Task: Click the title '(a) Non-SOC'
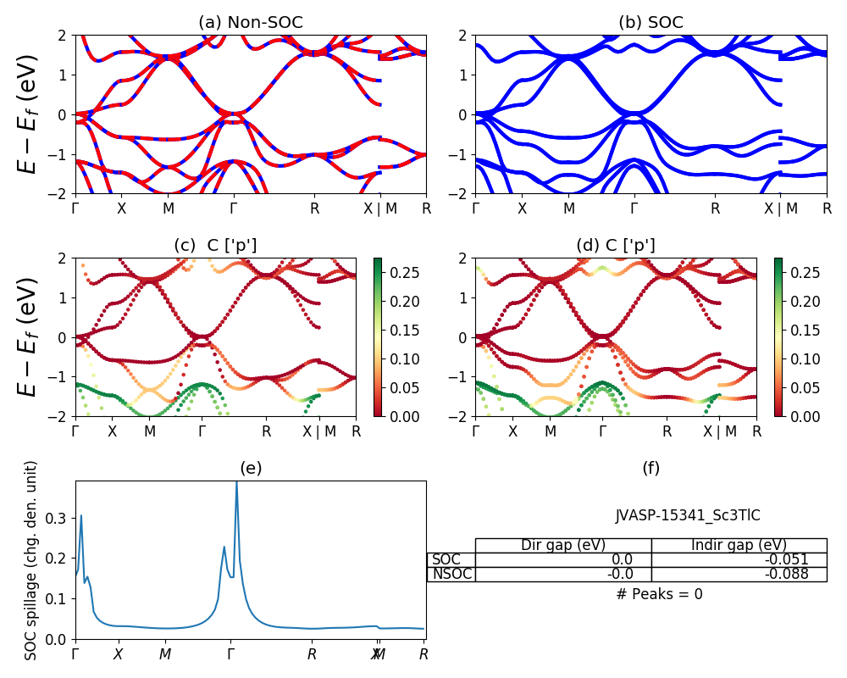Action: (251, 23)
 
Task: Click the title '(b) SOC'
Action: (650, 23)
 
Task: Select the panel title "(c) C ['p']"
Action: (215, 245)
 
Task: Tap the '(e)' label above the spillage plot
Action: (251, 468)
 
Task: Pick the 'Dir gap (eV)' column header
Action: (563, 545)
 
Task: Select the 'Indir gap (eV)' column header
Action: (739, 545)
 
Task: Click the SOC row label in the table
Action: (446, 559)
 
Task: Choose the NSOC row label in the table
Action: (451, 574)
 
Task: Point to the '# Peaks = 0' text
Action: (659, 594)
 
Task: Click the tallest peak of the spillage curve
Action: (236, 482)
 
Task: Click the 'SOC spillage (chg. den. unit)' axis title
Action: (31, 560)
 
